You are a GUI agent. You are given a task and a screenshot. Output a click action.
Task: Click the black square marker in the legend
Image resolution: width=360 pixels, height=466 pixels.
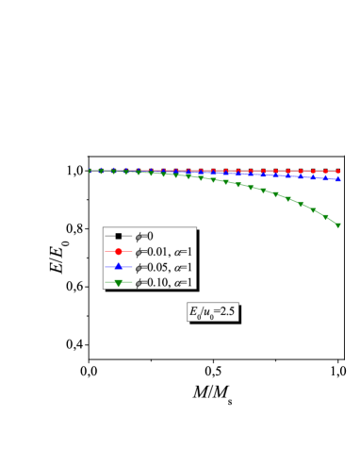(x=119, y=235)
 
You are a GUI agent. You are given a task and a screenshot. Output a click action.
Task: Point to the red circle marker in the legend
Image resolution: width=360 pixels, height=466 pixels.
(x=119, y=251)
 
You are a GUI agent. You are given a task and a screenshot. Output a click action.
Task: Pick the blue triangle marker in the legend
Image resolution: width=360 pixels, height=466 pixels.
(x=119, y=267)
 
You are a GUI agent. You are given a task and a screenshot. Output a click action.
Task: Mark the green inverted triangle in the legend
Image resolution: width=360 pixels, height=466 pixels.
(x=119, y=283)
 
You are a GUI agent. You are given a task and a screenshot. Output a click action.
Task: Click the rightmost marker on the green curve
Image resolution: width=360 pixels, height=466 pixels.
(x=337, y=225)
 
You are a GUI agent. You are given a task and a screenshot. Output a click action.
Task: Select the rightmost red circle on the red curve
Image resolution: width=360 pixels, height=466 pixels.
(x=337, y=172)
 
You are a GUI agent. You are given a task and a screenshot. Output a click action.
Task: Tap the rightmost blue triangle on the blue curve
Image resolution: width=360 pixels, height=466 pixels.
(x=337, y=178)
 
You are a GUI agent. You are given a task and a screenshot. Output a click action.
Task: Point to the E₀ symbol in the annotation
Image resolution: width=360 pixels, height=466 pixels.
(x=195, y=311)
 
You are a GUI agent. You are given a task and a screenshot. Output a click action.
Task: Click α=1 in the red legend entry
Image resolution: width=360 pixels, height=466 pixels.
(x=184, y=251)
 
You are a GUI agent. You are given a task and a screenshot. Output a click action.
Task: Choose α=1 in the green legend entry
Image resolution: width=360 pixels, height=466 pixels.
(x=184, y=283)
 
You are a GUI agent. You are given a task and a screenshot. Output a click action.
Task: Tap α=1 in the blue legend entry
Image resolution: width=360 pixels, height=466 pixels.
(x=184, y=267)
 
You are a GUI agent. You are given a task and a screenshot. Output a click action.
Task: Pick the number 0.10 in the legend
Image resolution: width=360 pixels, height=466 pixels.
(x=156, y=283)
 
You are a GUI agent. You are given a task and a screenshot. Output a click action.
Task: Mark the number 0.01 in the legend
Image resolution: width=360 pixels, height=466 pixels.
(x=156, y=251)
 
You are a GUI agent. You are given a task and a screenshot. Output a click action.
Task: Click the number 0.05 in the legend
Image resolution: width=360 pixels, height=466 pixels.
(x=156, y=267)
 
